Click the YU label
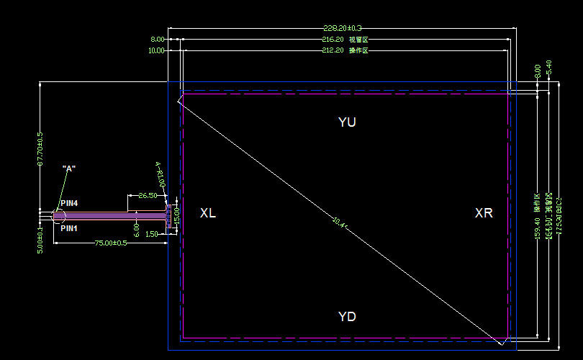coord(347,122)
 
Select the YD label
coord(347,317)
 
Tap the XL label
coord(207,213)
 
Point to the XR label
coord(484,213)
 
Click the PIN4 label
coord(69,204)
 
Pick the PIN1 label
coord(69,228)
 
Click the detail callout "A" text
coord(69,168)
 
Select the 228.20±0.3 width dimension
coord(342,28)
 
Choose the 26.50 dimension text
coord(148,195)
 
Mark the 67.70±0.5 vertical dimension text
coord(40,150)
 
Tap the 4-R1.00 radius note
coord(161,174)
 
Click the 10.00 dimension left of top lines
coord(156,50)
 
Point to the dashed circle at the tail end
coord(58,215)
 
